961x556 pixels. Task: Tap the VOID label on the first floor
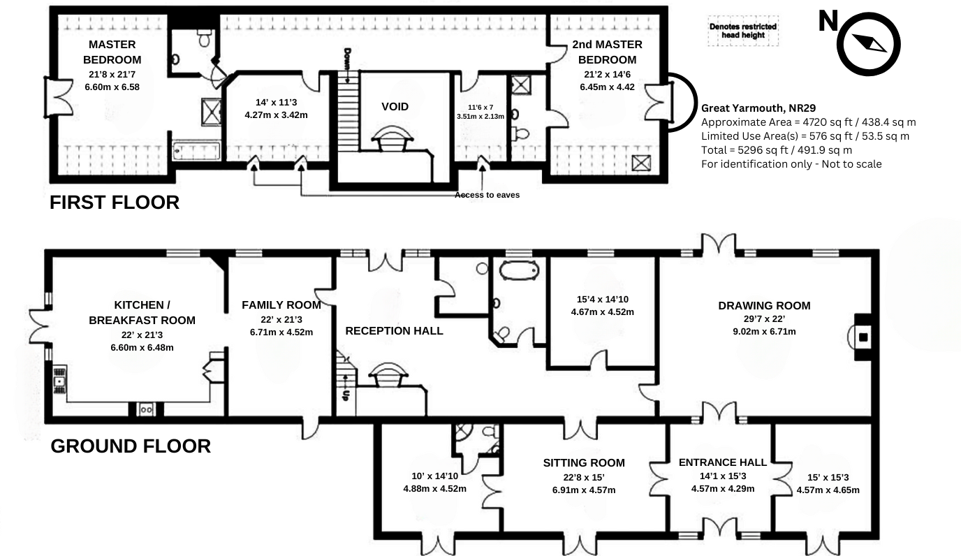[x=395, y=107]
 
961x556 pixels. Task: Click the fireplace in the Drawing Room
[x=863, y=338]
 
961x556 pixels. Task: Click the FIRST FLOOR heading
[x=115, y=203]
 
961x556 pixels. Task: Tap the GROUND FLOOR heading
[x=131, y=446]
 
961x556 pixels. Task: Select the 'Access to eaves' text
[x=487, y=195]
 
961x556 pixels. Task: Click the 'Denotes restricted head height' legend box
[x=742, y=31]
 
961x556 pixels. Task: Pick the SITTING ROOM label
[x=584, y=462]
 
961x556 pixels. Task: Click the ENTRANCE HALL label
[x=722, y=462]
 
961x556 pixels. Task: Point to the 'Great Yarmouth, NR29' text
[x=756, y=108]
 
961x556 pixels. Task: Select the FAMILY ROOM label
[x=281, y=305]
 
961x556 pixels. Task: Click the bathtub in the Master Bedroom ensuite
[x=196, y=150]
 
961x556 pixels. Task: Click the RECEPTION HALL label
[x=394, y=330]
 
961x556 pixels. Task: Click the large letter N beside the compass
[x=828, y=22]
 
